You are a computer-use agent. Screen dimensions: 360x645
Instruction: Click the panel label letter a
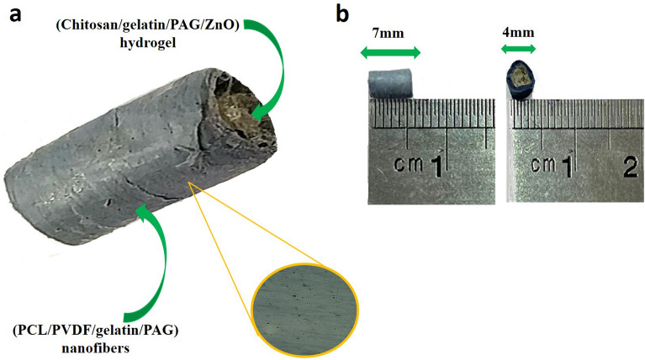(x=12, y=13)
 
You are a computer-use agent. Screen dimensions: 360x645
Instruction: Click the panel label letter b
(x=340, y=13)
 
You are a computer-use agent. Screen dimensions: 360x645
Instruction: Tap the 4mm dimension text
(x=520, y=34)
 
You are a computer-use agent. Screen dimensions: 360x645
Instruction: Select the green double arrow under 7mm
(x=389, y=54)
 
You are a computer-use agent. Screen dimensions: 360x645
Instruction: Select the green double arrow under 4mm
(x=520, y=50)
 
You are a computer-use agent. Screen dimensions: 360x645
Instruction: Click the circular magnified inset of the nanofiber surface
(x=305, y=301)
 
